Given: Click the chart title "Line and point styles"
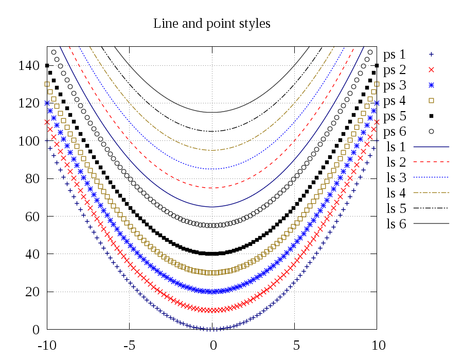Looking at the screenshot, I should (x=212, y=24).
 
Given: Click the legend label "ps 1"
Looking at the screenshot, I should (x=395, y=54).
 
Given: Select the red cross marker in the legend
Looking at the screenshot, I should (x=432, y=69).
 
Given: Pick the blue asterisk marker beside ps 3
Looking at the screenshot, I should (x=432, y=85).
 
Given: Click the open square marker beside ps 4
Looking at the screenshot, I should (x=432, y=100).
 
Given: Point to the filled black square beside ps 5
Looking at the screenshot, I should (x=432, y=116).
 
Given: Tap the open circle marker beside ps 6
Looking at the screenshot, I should (x=432, y=131).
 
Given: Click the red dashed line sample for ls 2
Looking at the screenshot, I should (x=432, y=162).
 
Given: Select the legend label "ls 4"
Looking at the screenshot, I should (x=396, y=193).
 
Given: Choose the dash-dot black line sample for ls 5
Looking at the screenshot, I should (x=432, y=208).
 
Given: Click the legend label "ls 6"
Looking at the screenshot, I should (x=396, y=224).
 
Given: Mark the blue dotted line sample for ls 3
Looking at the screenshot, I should (x=432, y=177).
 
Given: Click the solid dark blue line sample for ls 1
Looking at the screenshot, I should (x=432, y=147).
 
